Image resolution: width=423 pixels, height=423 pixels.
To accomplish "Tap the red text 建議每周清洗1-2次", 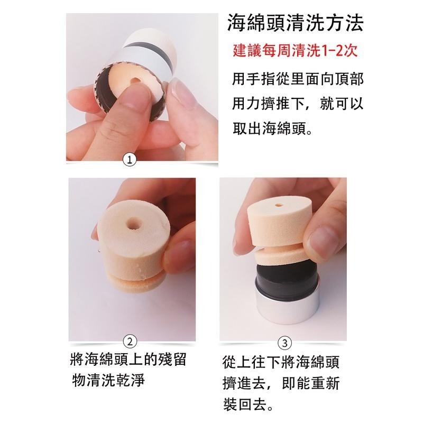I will (295, 52).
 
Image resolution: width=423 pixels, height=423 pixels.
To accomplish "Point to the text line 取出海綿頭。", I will (272, 128).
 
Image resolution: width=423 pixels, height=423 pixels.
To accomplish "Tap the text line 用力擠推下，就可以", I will (297, 104).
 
